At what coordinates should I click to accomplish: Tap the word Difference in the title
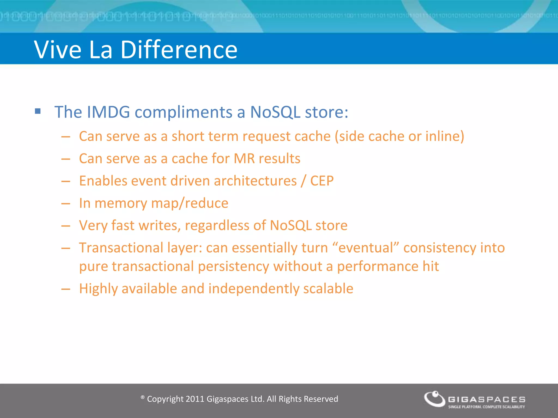coord(179,50)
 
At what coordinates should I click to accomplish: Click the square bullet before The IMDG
coord(38,111)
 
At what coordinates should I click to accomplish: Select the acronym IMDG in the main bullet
coord(108,112)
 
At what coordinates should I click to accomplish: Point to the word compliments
coord(183,112)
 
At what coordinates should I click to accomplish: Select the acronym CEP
coord(322,181)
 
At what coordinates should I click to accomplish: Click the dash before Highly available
coord(66,289)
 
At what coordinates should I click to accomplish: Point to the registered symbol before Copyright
coord(142,398)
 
